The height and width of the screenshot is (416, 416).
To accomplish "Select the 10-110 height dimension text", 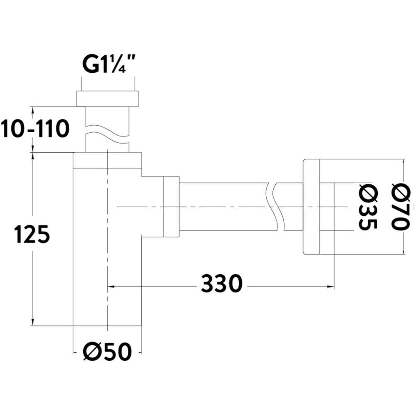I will tap(35, 129).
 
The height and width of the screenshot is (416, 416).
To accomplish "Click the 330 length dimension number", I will tap(221, 285).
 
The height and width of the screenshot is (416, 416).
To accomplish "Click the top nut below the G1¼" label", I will tap(107, 99).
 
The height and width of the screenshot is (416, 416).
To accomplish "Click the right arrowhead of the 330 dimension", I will tap(332, 286).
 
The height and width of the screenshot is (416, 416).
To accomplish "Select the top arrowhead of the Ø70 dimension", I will tap(404, 161).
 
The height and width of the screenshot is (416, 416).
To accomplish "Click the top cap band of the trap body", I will tap(107, 161).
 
